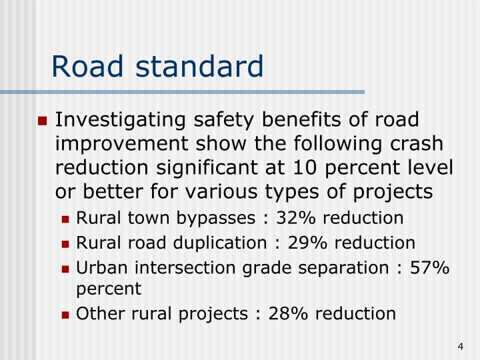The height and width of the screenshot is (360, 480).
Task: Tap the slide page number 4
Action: pos(461,345)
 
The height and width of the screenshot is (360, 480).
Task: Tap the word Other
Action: pos(95,313)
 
